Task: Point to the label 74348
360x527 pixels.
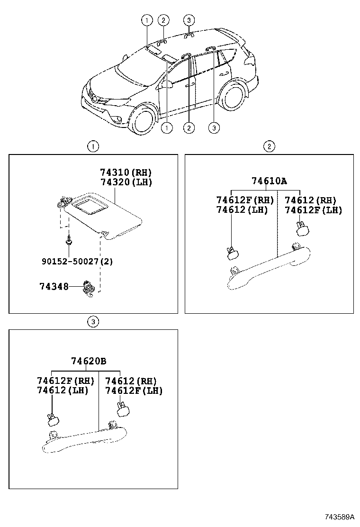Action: (54, 286)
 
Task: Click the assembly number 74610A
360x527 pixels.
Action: (269, 181)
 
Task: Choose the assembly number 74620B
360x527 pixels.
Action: (89, 361)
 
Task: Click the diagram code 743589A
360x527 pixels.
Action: (339, 516)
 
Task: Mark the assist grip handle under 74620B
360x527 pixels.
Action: (85, 438)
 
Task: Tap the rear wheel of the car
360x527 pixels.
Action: (234, 96)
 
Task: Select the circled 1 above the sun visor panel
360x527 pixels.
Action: (93, 146)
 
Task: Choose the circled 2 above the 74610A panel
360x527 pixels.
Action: (269, 146)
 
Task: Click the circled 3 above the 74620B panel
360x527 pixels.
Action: (93, 322)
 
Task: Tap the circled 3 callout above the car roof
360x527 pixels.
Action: (189, 20)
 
